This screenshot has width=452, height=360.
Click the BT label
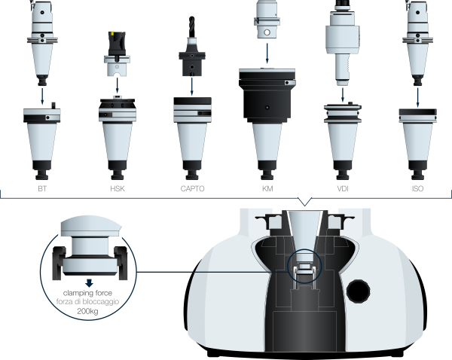(42, 188)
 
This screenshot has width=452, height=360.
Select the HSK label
(118, 188)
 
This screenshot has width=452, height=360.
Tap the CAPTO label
(193, 188)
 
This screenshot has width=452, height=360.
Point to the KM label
(267, 188)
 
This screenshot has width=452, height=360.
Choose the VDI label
(343, 188)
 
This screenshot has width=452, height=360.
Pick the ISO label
(417, 188)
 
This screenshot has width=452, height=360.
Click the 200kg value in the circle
(87, 311)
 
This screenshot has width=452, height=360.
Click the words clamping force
(87, 293)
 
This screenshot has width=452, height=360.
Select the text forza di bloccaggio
(87, 302)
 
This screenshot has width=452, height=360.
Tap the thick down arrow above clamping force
(90, 283)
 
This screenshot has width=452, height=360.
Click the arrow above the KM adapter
(267, 53)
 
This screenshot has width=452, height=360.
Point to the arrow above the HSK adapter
(117, 85)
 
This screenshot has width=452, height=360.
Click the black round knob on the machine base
(358, 291)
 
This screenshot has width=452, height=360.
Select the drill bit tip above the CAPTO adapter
(191, 18)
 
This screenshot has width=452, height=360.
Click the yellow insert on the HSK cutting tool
(113, 35)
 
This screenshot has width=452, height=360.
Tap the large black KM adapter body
(267, 96)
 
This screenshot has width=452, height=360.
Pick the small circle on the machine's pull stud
(304, 265)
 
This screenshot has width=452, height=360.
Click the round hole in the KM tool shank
(267, 32)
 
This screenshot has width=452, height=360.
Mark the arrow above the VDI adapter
(343, 95)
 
